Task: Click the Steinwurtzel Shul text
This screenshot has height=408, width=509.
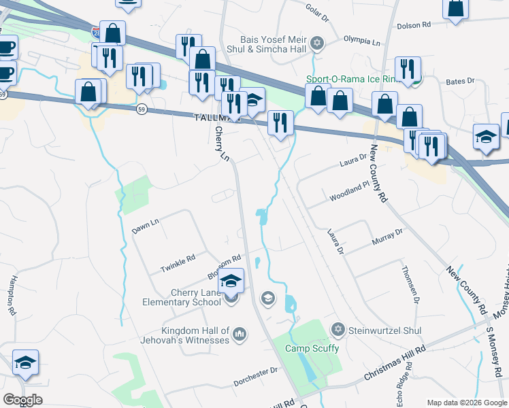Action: (384, 330)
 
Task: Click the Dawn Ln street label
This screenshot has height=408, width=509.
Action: (145, 226)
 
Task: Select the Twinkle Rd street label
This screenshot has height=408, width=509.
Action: (178, 263)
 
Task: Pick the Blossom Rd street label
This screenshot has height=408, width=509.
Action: (224, 268)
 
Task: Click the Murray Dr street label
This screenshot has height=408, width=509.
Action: (388, 237)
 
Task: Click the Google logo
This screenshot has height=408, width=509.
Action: (23, 400)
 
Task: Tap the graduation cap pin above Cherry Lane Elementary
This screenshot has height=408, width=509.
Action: (231, 281)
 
